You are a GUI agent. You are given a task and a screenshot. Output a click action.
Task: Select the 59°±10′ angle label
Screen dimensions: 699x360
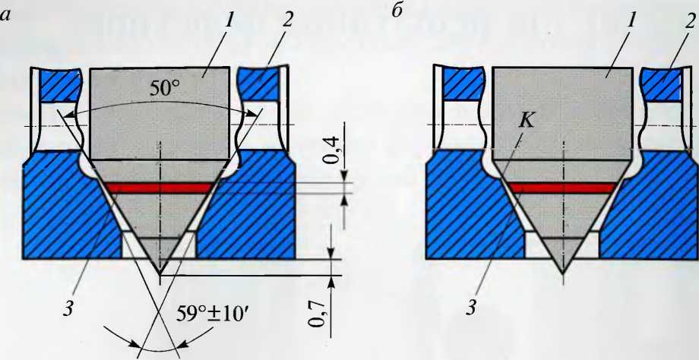coord(209,317)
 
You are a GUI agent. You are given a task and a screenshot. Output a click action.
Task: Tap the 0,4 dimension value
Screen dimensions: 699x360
coord(333,150)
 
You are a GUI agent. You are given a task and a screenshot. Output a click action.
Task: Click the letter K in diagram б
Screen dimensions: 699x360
coord(527,121)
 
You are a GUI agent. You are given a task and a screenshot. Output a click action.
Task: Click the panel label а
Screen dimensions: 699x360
coord(6,16)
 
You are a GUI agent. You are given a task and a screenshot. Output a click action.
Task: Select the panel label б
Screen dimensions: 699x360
coord(397,12)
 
